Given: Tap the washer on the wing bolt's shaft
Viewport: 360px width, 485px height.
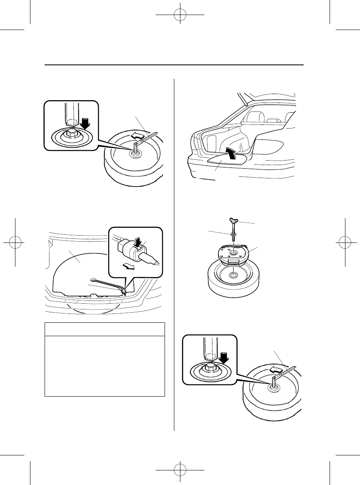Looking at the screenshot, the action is (x=234, y=234).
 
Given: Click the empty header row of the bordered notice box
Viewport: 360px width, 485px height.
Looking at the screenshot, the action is (x=105, y=329).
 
